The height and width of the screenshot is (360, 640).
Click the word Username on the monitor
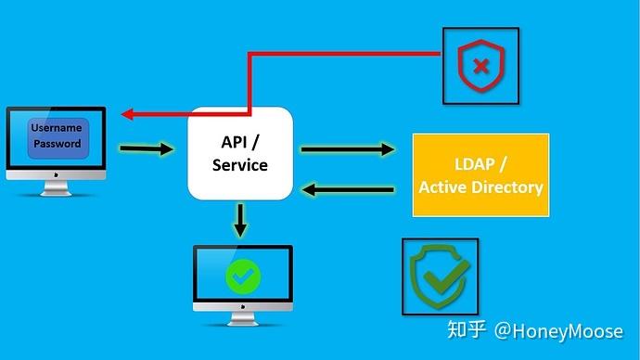click(58, 127)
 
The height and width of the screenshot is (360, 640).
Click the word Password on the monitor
click(58, 144)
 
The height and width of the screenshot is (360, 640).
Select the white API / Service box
click(240, 153)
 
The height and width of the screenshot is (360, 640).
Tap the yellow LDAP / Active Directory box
click(480, 175)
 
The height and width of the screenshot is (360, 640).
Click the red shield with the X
click(480, 65)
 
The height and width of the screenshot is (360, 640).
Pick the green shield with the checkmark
click(440, 276)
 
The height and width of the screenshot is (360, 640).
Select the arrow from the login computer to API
click(147, 148)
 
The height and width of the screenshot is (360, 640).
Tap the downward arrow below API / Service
click(240, 218)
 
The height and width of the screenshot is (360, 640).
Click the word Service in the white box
click(240, 165)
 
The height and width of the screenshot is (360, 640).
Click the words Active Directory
click(480, 186)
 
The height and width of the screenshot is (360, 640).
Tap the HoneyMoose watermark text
click(557, 329)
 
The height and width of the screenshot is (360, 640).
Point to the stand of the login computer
click(56, 188)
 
